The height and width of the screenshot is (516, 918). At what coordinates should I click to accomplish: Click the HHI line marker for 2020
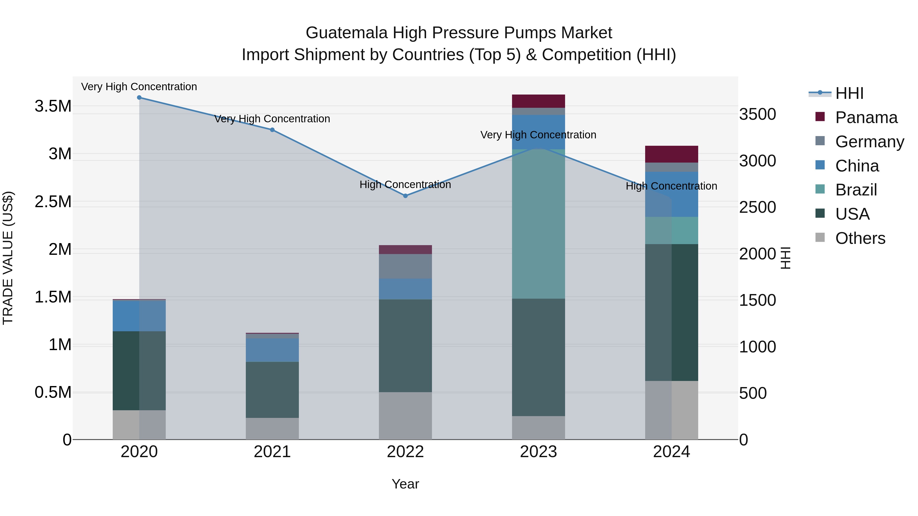139,98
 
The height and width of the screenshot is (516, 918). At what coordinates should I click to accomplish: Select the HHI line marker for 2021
272,130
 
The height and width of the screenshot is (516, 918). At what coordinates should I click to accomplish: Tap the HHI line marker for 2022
405,196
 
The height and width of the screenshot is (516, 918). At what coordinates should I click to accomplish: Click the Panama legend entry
866,117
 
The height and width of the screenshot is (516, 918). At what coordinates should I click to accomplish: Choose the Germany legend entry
869,142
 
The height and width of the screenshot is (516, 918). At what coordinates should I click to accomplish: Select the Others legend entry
860,238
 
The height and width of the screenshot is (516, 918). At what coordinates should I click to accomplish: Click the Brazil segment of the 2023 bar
539,224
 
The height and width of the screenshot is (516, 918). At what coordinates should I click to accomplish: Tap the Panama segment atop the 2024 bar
671,154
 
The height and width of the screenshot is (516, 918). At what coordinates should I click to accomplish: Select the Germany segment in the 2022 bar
405,266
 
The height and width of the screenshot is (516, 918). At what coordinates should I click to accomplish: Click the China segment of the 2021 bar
272,350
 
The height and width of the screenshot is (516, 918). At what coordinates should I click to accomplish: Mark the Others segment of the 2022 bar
405,416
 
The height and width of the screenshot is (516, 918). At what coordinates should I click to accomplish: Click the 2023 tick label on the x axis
539,452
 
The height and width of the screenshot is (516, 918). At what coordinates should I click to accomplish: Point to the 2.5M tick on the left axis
53,202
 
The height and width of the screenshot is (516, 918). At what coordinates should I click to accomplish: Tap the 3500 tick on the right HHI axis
757,115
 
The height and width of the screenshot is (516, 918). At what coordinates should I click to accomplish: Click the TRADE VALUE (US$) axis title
8,258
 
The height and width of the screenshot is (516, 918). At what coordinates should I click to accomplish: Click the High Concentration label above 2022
405,184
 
